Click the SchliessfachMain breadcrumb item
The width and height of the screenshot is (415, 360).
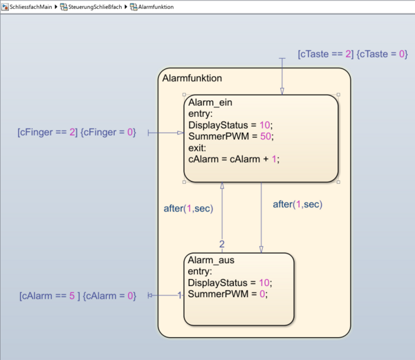(31, 6)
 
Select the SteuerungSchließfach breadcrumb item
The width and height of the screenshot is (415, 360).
(95, 6)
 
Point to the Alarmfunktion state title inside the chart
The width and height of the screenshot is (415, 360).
(192, 79)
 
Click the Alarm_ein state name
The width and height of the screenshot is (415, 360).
(210, 102)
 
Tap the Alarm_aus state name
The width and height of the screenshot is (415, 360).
(210, 260)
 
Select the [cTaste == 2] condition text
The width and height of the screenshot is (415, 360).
(326, 53)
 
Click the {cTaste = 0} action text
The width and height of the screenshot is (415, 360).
(382, 53)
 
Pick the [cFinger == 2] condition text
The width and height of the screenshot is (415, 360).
(48, 131)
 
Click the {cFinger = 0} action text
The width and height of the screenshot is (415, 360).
(108, 131)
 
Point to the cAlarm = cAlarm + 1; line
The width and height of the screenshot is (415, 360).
(234, 158)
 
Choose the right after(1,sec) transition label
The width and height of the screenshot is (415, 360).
(297, 205)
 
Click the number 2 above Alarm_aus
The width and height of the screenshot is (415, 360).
(222, 244)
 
